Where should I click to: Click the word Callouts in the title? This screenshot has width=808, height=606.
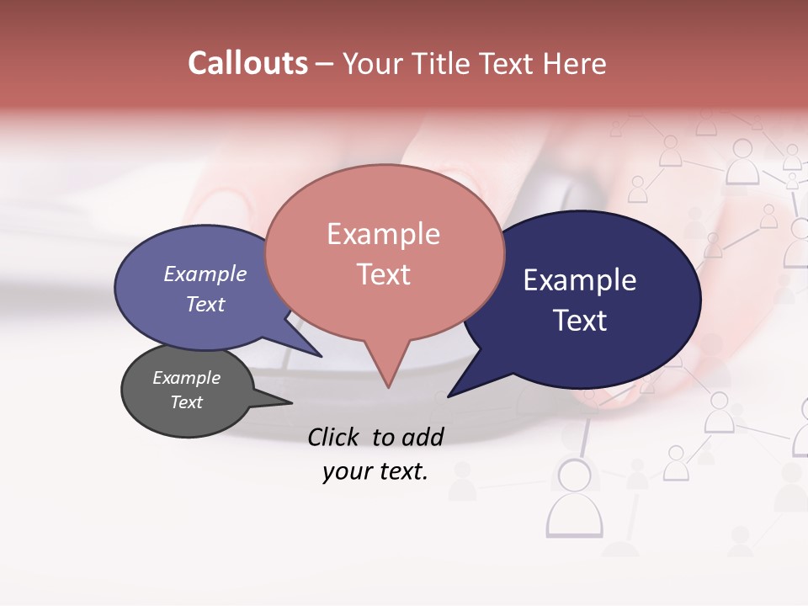(247, 63)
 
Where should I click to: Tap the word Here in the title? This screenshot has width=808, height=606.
(574, 64)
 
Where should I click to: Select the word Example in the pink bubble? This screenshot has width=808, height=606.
(383, 234)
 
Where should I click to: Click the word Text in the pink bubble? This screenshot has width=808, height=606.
(383, 274)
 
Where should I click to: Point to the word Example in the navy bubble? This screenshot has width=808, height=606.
(580, 280)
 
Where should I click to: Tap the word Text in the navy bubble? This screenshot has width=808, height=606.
(580, 321)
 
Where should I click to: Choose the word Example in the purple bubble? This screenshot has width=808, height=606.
(205, 274)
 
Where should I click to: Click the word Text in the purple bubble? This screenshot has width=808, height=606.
(205, 305)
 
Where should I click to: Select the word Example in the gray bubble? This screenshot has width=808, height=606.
(186, 379)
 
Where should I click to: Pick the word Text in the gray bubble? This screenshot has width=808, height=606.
(186, 402)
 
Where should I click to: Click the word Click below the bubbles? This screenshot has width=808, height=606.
(334, 437)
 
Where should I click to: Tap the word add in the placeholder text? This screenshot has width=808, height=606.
(423, 437)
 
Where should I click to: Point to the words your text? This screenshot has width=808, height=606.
(375, 472)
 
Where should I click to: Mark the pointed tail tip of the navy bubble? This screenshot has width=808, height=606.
(449, 396)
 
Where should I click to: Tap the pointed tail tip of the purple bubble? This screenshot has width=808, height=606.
(322, 357)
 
